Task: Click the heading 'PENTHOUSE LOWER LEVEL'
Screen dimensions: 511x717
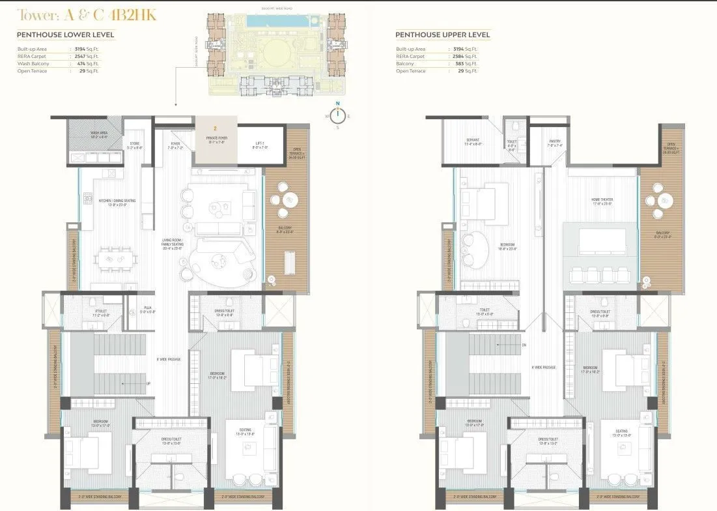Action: point(65,35)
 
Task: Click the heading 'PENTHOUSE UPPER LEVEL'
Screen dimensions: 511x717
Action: point(443,35)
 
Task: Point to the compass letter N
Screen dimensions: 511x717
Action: point(337,104)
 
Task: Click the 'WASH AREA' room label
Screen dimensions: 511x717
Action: point(99,135)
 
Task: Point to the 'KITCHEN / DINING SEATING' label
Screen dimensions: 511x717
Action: point(117,201)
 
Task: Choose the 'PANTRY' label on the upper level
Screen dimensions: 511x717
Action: point(554,143)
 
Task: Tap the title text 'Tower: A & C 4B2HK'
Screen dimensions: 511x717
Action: point(87,15)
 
